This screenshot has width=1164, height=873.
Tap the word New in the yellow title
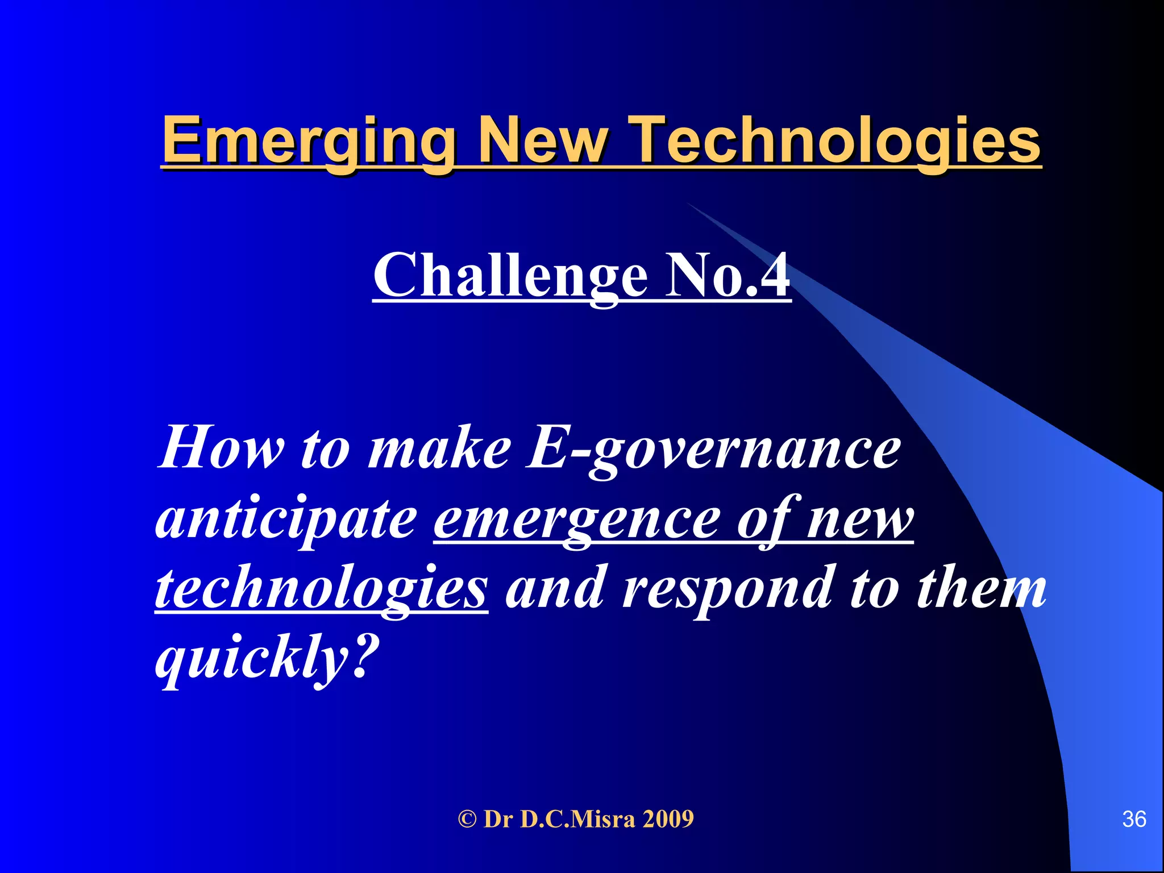point(543,140)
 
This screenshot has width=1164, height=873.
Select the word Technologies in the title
point(835,141)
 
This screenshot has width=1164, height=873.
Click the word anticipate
point(286,518)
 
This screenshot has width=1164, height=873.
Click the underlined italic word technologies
point(321,589)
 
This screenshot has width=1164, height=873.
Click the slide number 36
point(1134,819)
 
